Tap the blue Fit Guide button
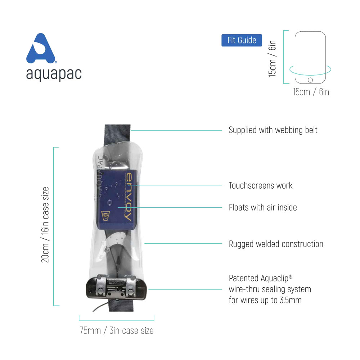[x=242, y=40]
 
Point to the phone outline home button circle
[x=310, y=80]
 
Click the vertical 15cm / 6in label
[x=273, y=58]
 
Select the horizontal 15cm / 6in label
[x=311, y=92]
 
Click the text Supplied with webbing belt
[x=273, y=130]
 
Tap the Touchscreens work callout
[x=261, y=186]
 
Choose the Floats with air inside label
[x=263, y=207]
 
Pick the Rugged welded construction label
[x=276, y=244]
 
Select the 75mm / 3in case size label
[x=116, y=330]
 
